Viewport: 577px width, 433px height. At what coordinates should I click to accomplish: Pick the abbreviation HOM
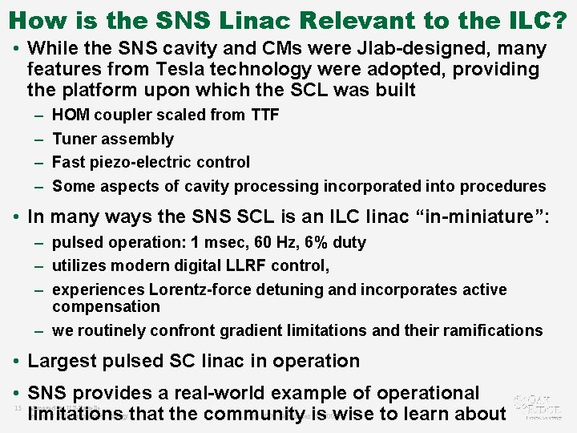pyautogui.click(x=71, y=115)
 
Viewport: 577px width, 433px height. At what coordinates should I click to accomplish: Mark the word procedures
pyautogui.click(x=506, y=186)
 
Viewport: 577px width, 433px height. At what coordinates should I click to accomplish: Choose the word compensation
pyautogui.click(x=106, y=306)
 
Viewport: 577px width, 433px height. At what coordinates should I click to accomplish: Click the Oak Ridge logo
pyautogui.click(x=539, y=406)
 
